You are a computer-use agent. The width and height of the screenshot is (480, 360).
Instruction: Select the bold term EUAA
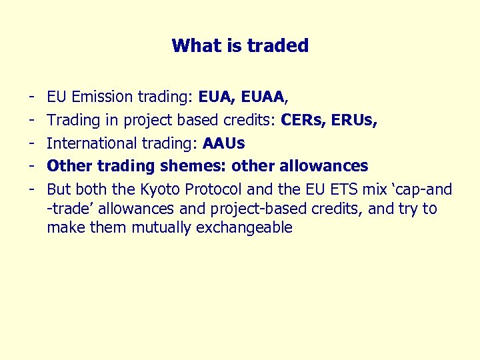[263, 98]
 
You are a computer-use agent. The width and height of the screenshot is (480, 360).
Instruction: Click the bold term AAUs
[223, 143]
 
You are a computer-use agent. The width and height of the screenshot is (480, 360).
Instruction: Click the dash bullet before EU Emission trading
[33, 98]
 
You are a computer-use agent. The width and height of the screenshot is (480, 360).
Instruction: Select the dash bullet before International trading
[33, 143]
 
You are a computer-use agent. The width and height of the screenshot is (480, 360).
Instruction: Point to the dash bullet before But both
[33, 189]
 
